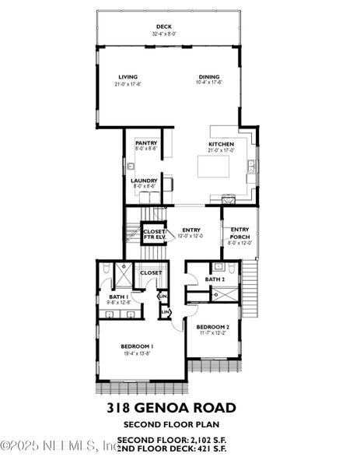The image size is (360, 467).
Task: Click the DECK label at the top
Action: click(x=164, y=27)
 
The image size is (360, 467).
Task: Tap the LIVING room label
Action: click(x=128, y=76)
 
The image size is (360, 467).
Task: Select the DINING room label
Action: click(x=208, y=76)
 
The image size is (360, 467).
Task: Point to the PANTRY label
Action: click(x=146, y=143)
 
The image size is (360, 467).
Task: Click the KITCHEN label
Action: click(x=221, y=144)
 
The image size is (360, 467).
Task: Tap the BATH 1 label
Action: click(x=118, y=297)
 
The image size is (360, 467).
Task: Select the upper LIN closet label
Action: click(x=163, y=296)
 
